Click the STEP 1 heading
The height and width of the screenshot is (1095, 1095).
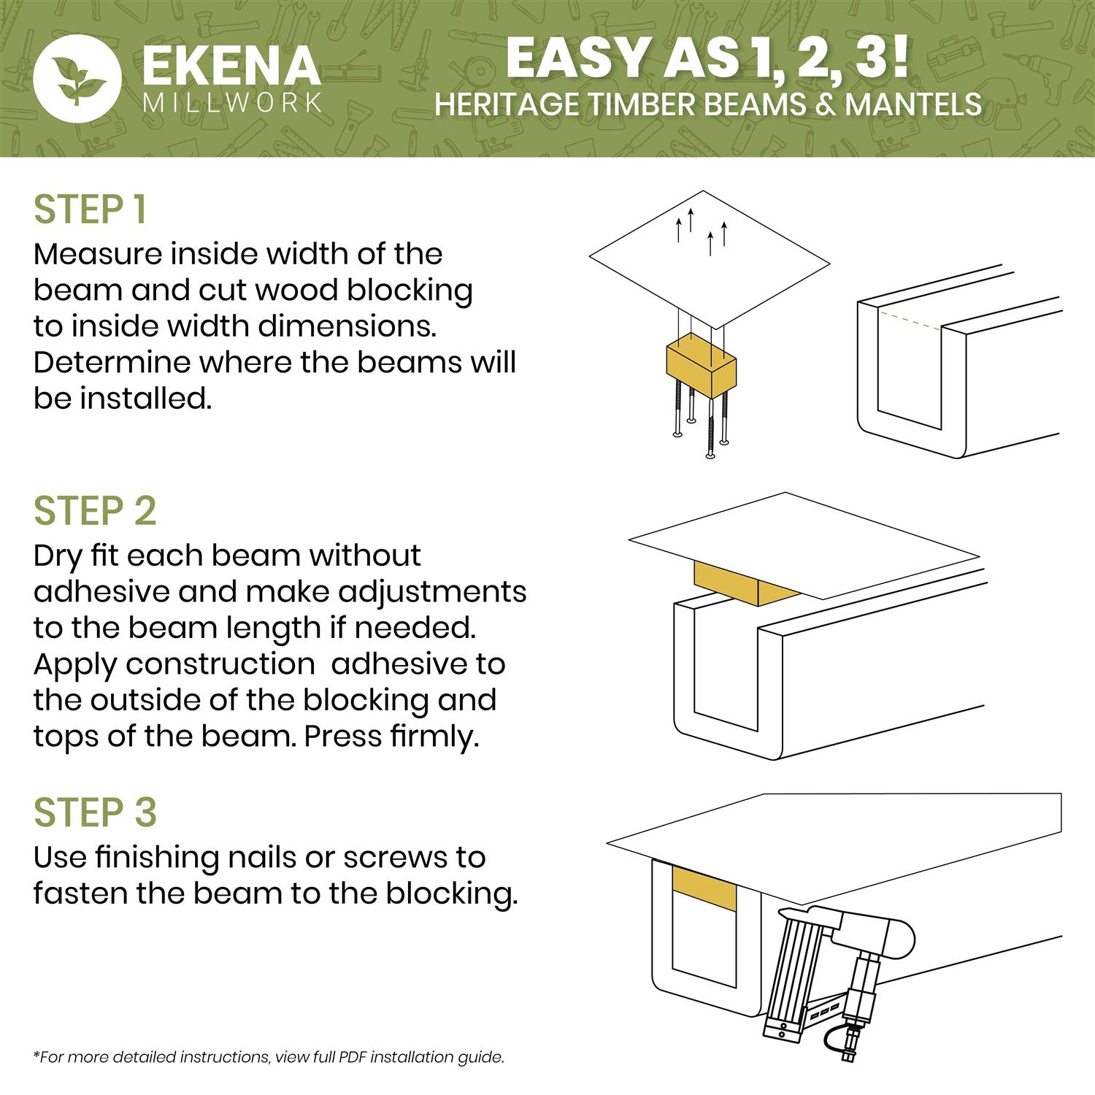pyautogui.click(x=91, y=210)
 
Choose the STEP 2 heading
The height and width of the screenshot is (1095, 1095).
pyautogui.click(x=95, y=511)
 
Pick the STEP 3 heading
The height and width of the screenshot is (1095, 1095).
pyautogui.click(x=95, y=812)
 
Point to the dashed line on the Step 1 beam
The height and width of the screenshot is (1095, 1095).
pyautogui.click(x=910, y=320)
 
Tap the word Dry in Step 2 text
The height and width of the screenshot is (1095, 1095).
pyautogui.click(x=59, y=556)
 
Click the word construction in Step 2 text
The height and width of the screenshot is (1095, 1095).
pyautogui.click(x=219, y=664)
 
